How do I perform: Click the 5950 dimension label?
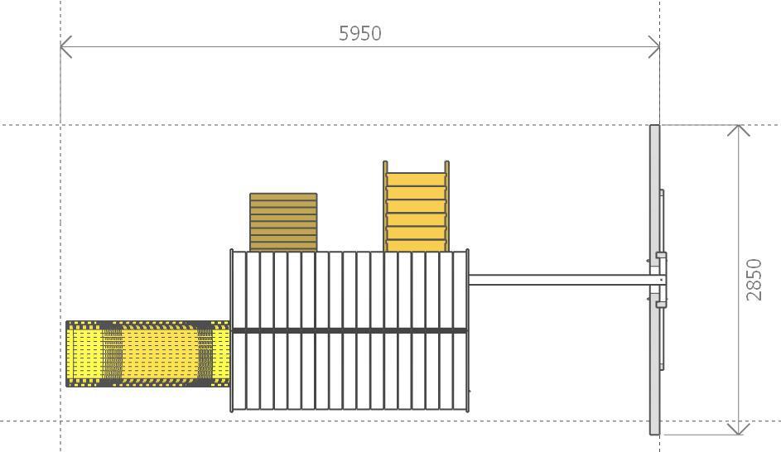tap(360, 33)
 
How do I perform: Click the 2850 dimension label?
tap(754, 280)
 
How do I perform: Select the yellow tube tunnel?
tap(148, 353)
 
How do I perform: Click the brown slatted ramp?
tap(283, 222)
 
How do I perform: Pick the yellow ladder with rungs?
tap(416, 206)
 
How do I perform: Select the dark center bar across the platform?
tap(350, 330)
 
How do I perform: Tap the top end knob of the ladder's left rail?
tap(385, 163)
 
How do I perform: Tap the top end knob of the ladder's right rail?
tap(446, 163)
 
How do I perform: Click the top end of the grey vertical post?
tap(654, 126)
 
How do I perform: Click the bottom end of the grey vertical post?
tap(654, 434)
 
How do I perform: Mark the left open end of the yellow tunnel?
tap(67, 353)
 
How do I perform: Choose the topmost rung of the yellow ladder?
tap(416, 173)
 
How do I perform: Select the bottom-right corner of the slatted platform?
tap(467, 411)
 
